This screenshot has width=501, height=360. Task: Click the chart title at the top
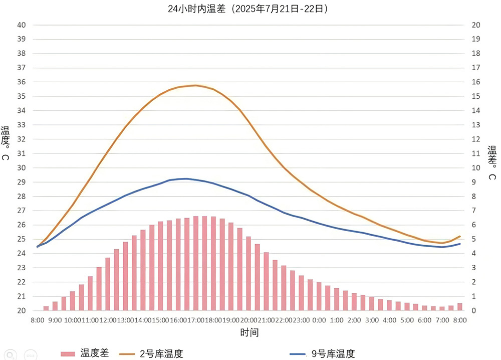point(249,9)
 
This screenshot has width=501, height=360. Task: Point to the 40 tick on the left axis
point(22,25)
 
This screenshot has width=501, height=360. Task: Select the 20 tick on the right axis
point(477,25)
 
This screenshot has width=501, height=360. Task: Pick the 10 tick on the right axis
point(477,168)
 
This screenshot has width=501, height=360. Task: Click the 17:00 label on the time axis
point(195,320)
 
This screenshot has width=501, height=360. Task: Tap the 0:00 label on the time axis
point(319,320)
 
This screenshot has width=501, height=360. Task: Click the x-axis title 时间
point(249,332)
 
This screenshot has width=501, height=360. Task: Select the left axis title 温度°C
point(5,143)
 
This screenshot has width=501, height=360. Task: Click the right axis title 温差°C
point(492,163)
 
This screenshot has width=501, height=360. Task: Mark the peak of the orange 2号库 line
point(195,85)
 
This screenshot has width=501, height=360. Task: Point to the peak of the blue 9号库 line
point(186,178)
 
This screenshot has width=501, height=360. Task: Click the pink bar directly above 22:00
point(284,288)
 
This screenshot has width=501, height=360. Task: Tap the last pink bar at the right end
point(460,307)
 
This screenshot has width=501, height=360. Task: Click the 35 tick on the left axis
point(22,96)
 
